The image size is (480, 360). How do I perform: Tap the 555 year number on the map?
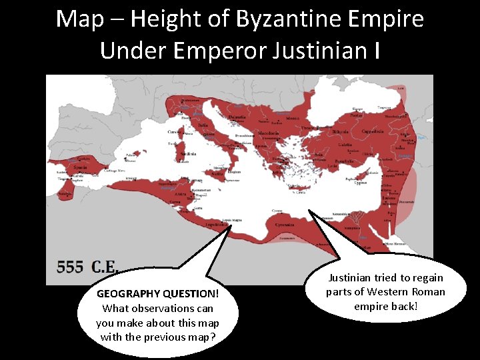coord(70,267)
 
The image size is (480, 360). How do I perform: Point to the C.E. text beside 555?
coord(105,267)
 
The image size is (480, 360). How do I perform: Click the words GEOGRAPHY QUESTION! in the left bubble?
coord(157,293)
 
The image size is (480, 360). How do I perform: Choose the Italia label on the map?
coord(201,125)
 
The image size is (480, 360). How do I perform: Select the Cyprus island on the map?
coord(360,181)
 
